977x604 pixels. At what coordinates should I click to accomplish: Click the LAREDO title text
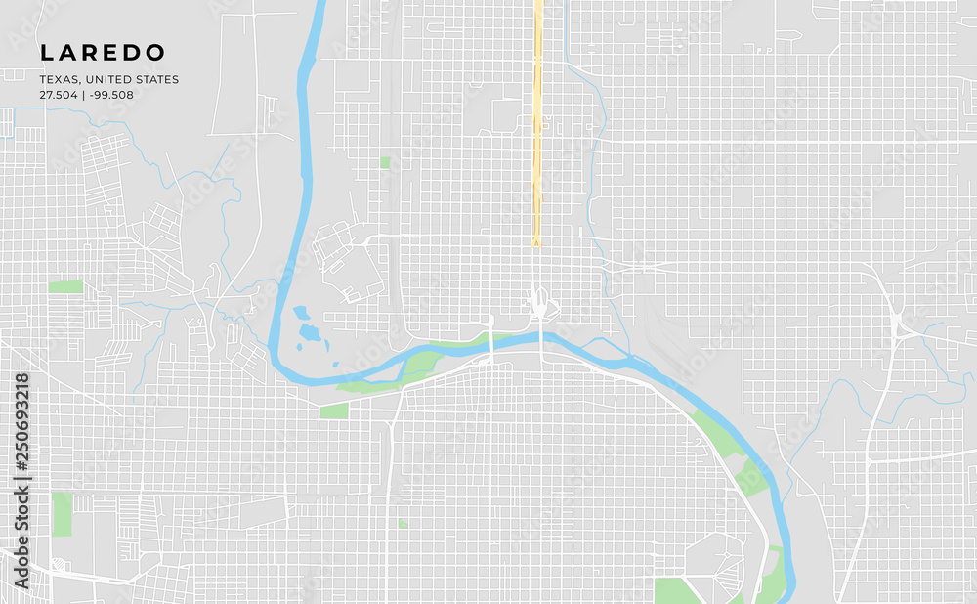(x=103, y=53)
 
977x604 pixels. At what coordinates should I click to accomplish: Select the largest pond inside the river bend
(x=310, y=332)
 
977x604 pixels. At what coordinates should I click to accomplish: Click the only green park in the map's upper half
(x=385, y=162)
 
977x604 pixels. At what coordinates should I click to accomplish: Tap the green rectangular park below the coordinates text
(x=65, y=286)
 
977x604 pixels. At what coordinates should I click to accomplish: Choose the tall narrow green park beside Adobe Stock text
(x=62, y=514)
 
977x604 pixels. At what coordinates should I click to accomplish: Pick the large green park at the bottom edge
(x=674, y=590)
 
